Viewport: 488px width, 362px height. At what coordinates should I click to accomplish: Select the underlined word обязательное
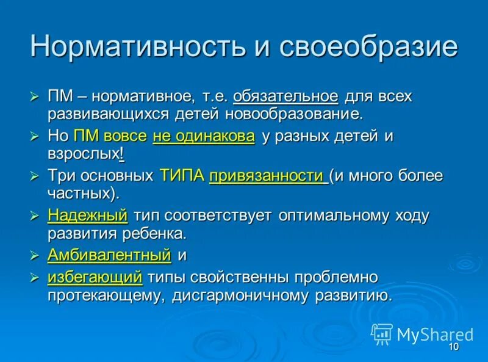tap(285, 96)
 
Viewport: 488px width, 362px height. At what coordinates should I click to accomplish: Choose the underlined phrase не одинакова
tap(204, 136)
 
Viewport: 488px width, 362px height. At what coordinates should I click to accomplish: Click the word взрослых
tap(84, 154)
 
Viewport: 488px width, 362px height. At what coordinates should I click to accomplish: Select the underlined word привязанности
tap(266, 176)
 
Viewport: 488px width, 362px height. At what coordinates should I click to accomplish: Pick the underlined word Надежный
tap(87, 215)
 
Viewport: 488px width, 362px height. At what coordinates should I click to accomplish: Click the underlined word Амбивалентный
tap(109, 255)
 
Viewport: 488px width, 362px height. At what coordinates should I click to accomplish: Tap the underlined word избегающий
tap(95, 277)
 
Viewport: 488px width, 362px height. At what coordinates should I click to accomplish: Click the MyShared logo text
tap(435, 335)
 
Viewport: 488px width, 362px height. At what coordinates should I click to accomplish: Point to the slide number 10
tap(453, 347)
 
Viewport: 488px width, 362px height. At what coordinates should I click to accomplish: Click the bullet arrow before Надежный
tap(35, 216)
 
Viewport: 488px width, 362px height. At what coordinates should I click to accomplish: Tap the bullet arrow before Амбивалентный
tap(35, 256)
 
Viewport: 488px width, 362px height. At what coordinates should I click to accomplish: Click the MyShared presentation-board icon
tap(382, 333)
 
